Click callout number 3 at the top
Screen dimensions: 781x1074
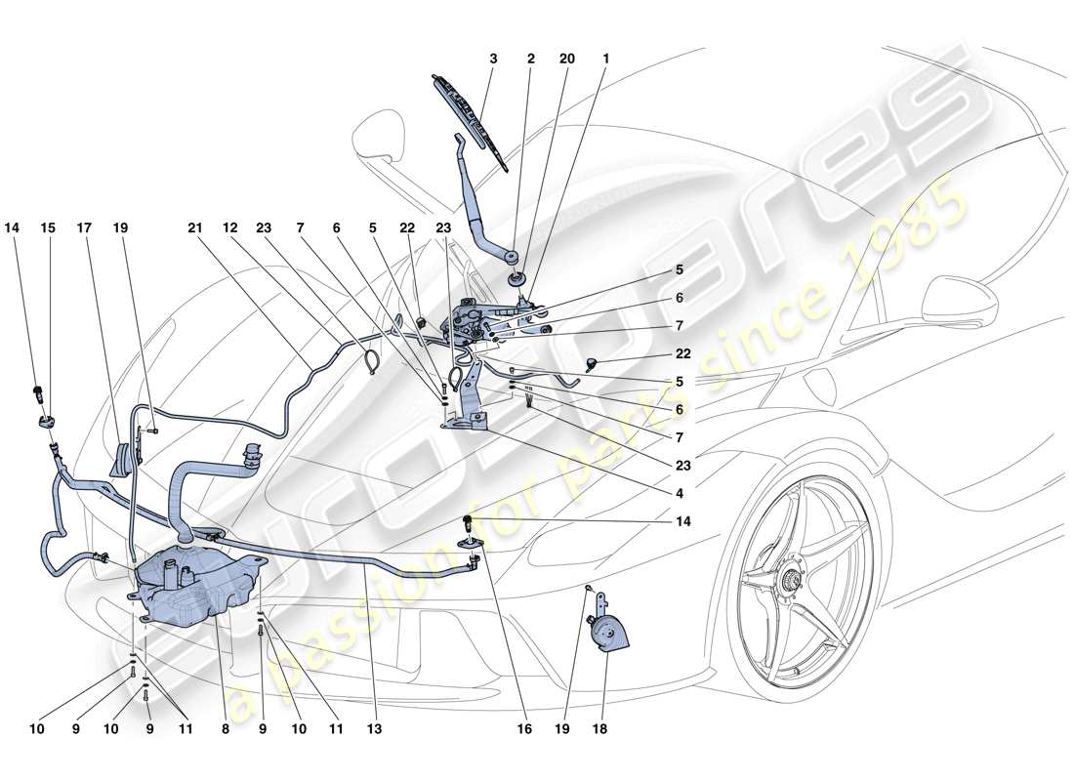(x=493, y=59)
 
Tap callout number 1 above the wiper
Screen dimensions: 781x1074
(x=606, y=59)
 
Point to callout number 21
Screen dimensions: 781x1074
(x=194, y=227)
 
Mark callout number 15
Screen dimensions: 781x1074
(x=46, y=227)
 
